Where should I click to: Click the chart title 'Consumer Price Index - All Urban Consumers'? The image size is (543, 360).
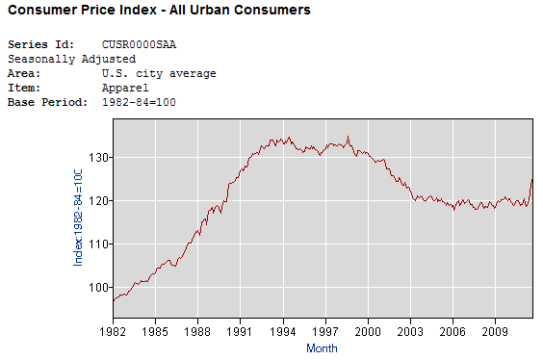click(x=159, y=11)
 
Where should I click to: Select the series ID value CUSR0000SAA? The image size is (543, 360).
click(x=139, y=45)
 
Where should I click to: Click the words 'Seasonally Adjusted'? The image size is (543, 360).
click(x=71, y=60)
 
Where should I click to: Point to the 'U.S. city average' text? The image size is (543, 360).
click(x=158, y=74)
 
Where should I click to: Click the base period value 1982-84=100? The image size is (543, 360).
click(x=139, y=103)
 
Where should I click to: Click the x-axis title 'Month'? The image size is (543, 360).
click(x=322, y=347)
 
